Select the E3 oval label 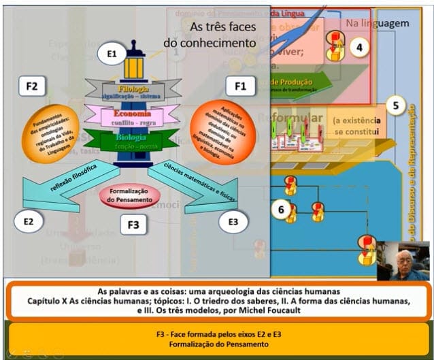tap(233, 220)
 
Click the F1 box tap(240, 86)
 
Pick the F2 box tap(31, 86)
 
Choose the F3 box tap(133, 224)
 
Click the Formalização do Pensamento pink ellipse tap(130, 195)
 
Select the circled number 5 tap(397, 106)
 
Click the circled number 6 tap(280, 210)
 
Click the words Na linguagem tap(378, 23)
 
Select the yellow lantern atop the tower tap(133, 66)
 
